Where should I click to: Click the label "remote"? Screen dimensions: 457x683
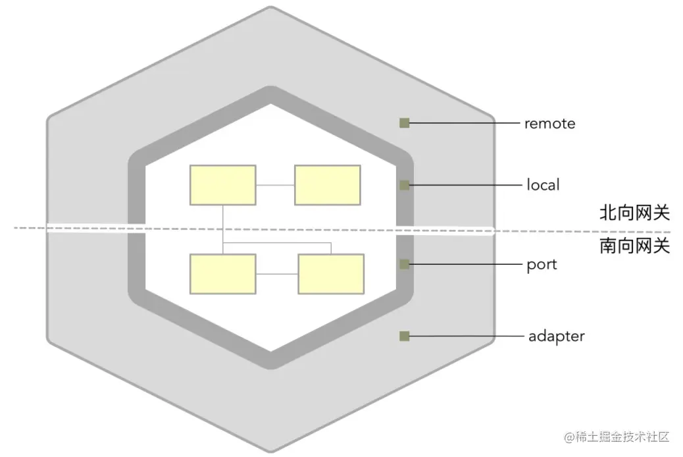pyautogui.click(x=549, y=124)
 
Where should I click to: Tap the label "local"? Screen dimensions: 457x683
pyautogui.click(x=543, y=185)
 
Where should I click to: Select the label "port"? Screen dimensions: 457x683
pyautogui.click(x=542, y=265)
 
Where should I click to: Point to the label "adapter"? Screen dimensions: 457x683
pyautogui.click(x=556, y=336)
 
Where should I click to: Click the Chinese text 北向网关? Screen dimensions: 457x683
pyautogui.click(x=634, y=212)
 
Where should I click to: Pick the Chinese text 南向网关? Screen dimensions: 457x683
pyautogui.click(x=634, y=246)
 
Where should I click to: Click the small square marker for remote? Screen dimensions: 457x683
pyautogui.click(x=405, y=122)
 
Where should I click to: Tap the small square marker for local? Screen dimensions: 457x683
pyautogui.click(x=405, y=185)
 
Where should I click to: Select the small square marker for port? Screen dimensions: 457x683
pyautogui.click(x=405, y=264)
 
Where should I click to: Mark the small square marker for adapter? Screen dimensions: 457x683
pyautogui.click(x=405, y=336)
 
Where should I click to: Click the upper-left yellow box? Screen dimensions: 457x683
pyautogui.click(x=222, y=185)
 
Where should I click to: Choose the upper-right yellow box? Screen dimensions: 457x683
pyautogui.click(x=327, y=185)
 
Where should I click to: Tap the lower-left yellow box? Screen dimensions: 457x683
pyautogui.click(x=222, y=273)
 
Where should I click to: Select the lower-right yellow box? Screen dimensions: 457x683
pyautogui.click(x=330, y=273)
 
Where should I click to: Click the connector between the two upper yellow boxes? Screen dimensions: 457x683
pyautogui.click(x=274, y=186)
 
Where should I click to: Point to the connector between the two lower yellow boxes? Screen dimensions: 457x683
pyautogui.click(x=276, y=274)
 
